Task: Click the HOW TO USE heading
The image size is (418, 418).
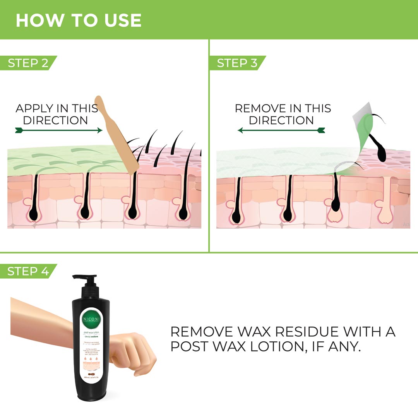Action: click(78, 20)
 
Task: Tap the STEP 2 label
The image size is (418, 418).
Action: click(28, 63)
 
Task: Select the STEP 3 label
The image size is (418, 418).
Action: click(237, 63)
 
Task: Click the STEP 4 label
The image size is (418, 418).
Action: click(28, 271)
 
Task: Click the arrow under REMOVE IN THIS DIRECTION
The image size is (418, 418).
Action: click(281, 131)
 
